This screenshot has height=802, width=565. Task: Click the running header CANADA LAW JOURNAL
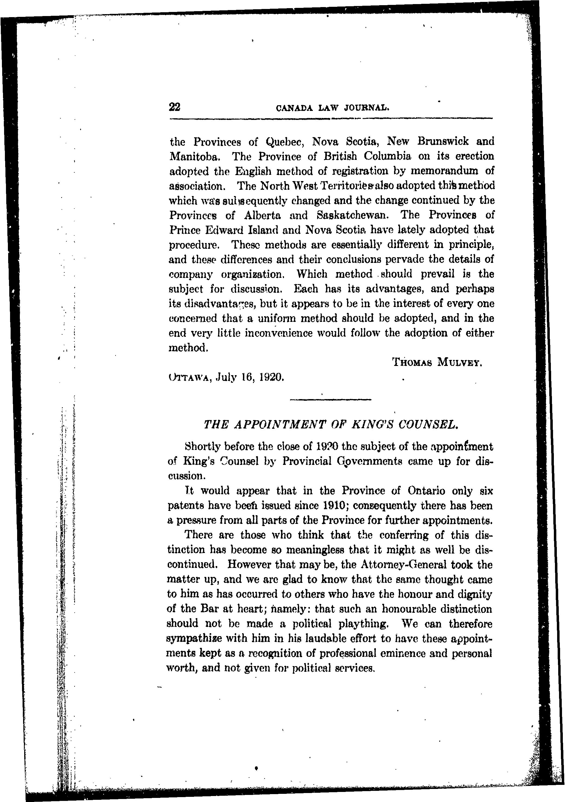coord(332,108)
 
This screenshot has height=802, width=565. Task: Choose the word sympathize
coord(196,639)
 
